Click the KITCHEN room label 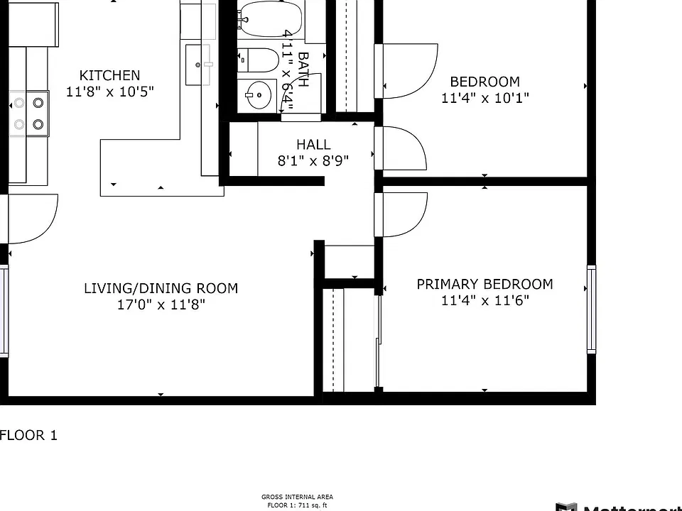pos(109,75)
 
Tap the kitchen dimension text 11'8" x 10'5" pos(109,92)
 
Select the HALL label pos(313,144)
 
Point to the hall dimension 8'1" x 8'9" pos(313,161)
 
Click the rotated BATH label pos(303,70)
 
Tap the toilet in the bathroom pos(258,60)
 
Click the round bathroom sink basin pos(258,94)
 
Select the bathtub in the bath pos(270,18)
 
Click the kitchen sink pos(199,65)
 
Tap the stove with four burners pos(29,114)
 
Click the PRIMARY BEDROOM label pos(485,284)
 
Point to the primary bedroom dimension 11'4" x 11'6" pos(485,300)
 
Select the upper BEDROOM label pos(485,82)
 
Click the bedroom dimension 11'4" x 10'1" pos(485,98)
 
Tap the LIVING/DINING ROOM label pos(161,288)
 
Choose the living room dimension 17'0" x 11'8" pos(161,304)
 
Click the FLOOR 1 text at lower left pos(28,435)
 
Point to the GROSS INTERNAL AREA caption pos(298,497)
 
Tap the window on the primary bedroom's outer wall pos(592,309)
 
